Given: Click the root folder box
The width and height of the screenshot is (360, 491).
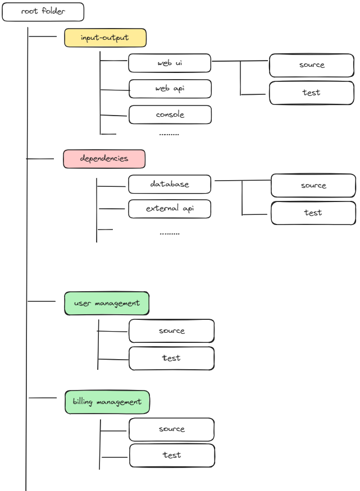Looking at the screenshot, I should (43, 12).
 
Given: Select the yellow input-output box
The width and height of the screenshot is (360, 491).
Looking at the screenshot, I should (105, 38).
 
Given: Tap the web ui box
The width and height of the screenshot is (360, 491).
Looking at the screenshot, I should (170, 63).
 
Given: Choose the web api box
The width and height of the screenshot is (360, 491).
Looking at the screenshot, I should (170, 89).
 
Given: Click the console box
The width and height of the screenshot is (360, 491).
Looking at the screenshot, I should (170, 114).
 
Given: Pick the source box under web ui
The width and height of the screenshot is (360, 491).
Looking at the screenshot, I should (312, 65).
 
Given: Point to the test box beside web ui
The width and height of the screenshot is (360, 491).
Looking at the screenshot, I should (312, 93).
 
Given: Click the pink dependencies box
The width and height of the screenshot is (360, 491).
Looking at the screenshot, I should (104, 159).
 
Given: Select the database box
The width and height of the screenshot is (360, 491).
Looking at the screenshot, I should (170, 184).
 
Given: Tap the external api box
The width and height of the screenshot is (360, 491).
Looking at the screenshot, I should (170, 209).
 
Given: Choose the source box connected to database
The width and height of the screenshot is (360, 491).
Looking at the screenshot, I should (313, 186).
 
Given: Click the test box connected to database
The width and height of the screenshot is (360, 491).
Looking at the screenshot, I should (313, 213).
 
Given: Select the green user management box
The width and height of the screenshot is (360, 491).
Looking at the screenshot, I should (107, 303).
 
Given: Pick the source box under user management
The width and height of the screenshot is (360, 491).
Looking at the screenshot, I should (171, 331).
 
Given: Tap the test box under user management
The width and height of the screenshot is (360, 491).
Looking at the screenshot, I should (171, 358).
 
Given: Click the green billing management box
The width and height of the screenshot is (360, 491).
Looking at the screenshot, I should (107, 402).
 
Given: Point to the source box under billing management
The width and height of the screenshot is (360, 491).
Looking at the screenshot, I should (171, 429).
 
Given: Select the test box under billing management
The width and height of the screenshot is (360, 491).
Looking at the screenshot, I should (172, 455).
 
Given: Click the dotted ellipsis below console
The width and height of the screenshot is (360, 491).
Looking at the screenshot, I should (169, 135).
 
